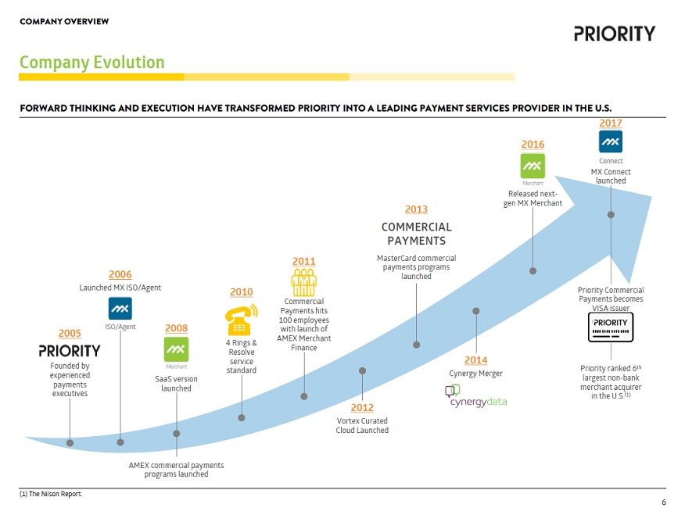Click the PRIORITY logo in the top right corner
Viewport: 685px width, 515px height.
(x=614, y=34)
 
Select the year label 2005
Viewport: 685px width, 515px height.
(x=70, y=334)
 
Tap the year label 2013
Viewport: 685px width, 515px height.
(x=416, y=209)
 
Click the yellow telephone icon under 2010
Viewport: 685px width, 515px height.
(x=241, y=320)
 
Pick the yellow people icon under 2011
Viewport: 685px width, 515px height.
(x=303, y=282)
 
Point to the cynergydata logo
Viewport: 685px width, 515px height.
(x=476, y=396)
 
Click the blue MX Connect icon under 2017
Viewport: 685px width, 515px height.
(x=611, y=141)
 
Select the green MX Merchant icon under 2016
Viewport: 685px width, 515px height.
(x=533, y=166)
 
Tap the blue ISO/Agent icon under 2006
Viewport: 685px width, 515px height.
(x=120, y=308)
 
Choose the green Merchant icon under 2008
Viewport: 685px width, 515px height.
(x=176, y=349)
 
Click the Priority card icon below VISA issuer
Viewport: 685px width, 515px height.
(x=610, y=327)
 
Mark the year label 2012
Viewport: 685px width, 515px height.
(x=362, y=408)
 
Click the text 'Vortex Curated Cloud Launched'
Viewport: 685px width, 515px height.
(x=362, y=426)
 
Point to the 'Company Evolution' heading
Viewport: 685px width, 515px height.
(x=92, y=63)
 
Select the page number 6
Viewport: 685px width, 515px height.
(x=664, y=503)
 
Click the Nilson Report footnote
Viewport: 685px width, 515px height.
(x=51, y=494)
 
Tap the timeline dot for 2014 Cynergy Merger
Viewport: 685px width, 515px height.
(x=475, y=311)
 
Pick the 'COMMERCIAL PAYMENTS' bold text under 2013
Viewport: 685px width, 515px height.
(x=416, y=234)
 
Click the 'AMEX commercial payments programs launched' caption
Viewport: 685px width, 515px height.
(x=176, y=470)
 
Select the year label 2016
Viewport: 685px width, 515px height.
(x=533, y=145)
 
